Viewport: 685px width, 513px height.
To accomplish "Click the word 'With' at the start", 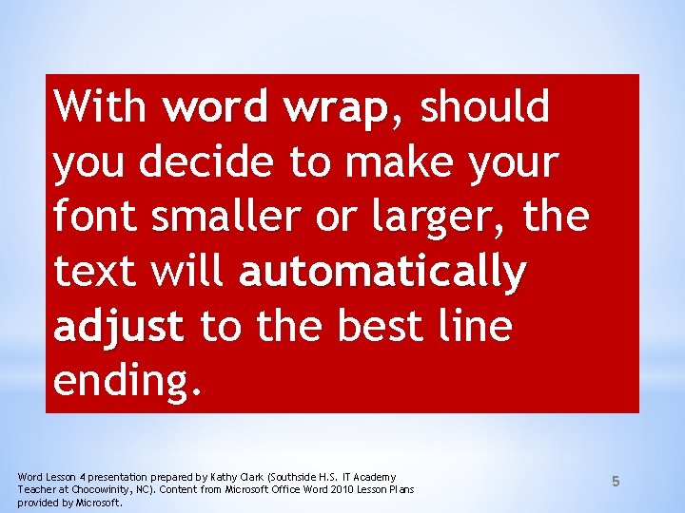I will pyautogui.click(x=100, y=107).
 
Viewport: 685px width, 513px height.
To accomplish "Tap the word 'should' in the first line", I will pyautogui.click(x=485, y=107).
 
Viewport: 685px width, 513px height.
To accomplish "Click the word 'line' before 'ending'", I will pyautogui.click(x=479, y=327).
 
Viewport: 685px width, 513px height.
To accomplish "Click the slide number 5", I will pyautogui.click(x=616, y=482).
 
